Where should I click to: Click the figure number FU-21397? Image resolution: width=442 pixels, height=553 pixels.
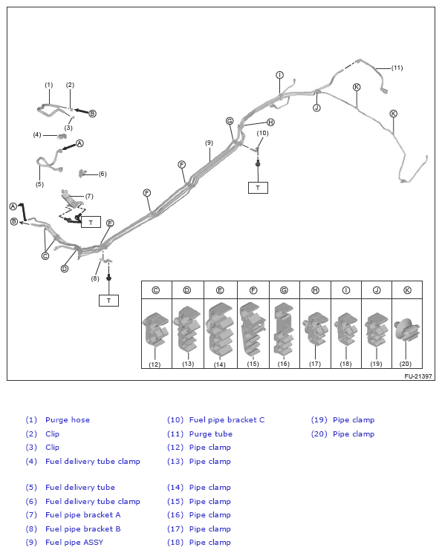(x=418, y=376)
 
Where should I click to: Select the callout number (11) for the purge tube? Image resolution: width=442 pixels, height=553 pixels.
(x=397, y=68)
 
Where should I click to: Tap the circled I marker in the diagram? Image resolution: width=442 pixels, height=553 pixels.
(x=279, y=75)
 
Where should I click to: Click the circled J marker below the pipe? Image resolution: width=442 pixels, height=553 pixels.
(x=316, y=108)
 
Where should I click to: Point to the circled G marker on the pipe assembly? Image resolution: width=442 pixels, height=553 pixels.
(x=230, y=121)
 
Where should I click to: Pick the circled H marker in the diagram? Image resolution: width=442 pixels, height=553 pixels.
(x=271, y=122)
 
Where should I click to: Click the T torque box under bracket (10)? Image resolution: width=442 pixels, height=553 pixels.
(x=258, y=188)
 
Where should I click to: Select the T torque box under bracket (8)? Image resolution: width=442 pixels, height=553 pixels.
(x=108, y=301)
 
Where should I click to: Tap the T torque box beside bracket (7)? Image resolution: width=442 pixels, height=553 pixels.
(x=91, y=222)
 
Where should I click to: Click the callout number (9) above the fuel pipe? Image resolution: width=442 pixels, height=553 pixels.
(x=209, y=143)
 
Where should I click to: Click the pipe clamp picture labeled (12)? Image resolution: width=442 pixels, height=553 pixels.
(x=155, y=329)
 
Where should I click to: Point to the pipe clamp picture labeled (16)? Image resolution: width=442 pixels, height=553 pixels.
(x=284, y=329)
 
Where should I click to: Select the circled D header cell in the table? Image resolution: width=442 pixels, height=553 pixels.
(x=187, y=290)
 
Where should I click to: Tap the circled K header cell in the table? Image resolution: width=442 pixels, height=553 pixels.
(x=407, y=290)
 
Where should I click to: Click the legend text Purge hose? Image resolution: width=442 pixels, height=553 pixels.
(x=68, y=419)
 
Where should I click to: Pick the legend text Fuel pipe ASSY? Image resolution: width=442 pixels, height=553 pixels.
(x=74, y=542)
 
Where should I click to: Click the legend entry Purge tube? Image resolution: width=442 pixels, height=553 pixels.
(x=211, y=433)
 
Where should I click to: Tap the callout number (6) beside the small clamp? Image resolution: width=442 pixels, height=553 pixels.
(x=103, y=174)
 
